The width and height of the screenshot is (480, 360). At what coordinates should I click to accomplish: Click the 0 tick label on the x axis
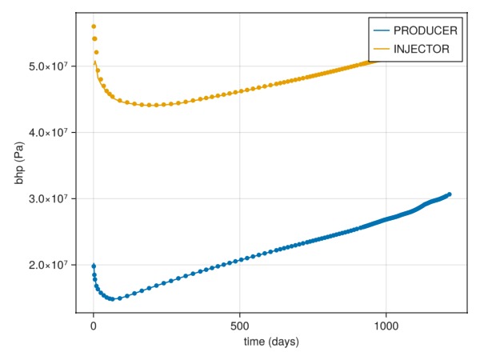coord(94,326)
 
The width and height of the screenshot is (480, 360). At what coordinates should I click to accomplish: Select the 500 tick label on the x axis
coord(239,326)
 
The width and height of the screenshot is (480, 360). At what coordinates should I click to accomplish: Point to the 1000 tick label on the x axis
coord(386,326)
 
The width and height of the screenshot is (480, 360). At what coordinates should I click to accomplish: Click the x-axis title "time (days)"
coord(271,342)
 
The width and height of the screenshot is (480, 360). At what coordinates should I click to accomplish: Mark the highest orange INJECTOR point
coord(94,26)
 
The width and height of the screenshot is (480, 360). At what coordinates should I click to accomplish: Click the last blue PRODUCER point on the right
coord(450,194)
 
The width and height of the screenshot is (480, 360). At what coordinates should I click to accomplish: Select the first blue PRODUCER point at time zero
coord(94,266)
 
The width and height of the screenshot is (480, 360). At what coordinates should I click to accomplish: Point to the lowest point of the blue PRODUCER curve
coord(112,299)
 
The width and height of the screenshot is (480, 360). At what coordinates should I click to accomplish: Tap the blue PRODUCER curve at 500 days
coord(239,260)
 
